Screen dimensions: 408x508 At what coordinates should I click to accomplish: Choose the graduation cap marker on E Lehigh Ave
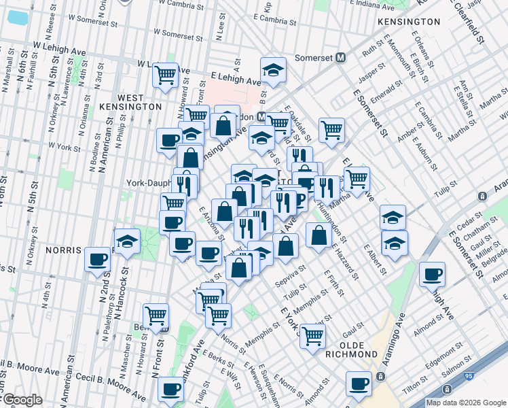point(273,69)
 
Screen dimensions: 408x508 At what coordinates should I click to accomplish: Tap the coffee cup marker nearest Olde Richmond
point(359,383)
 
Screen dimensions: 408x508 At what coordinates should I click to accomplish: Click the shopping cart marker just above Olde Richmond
point(312,335)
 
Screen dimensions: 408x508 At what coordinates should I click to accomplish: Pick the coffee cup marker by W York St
point(170,140)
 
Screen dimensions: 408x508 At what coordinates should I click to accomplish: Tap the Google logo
point(22,401)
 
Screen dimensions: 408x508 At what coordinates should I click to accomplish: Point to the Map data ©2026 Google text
point(465,403)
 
